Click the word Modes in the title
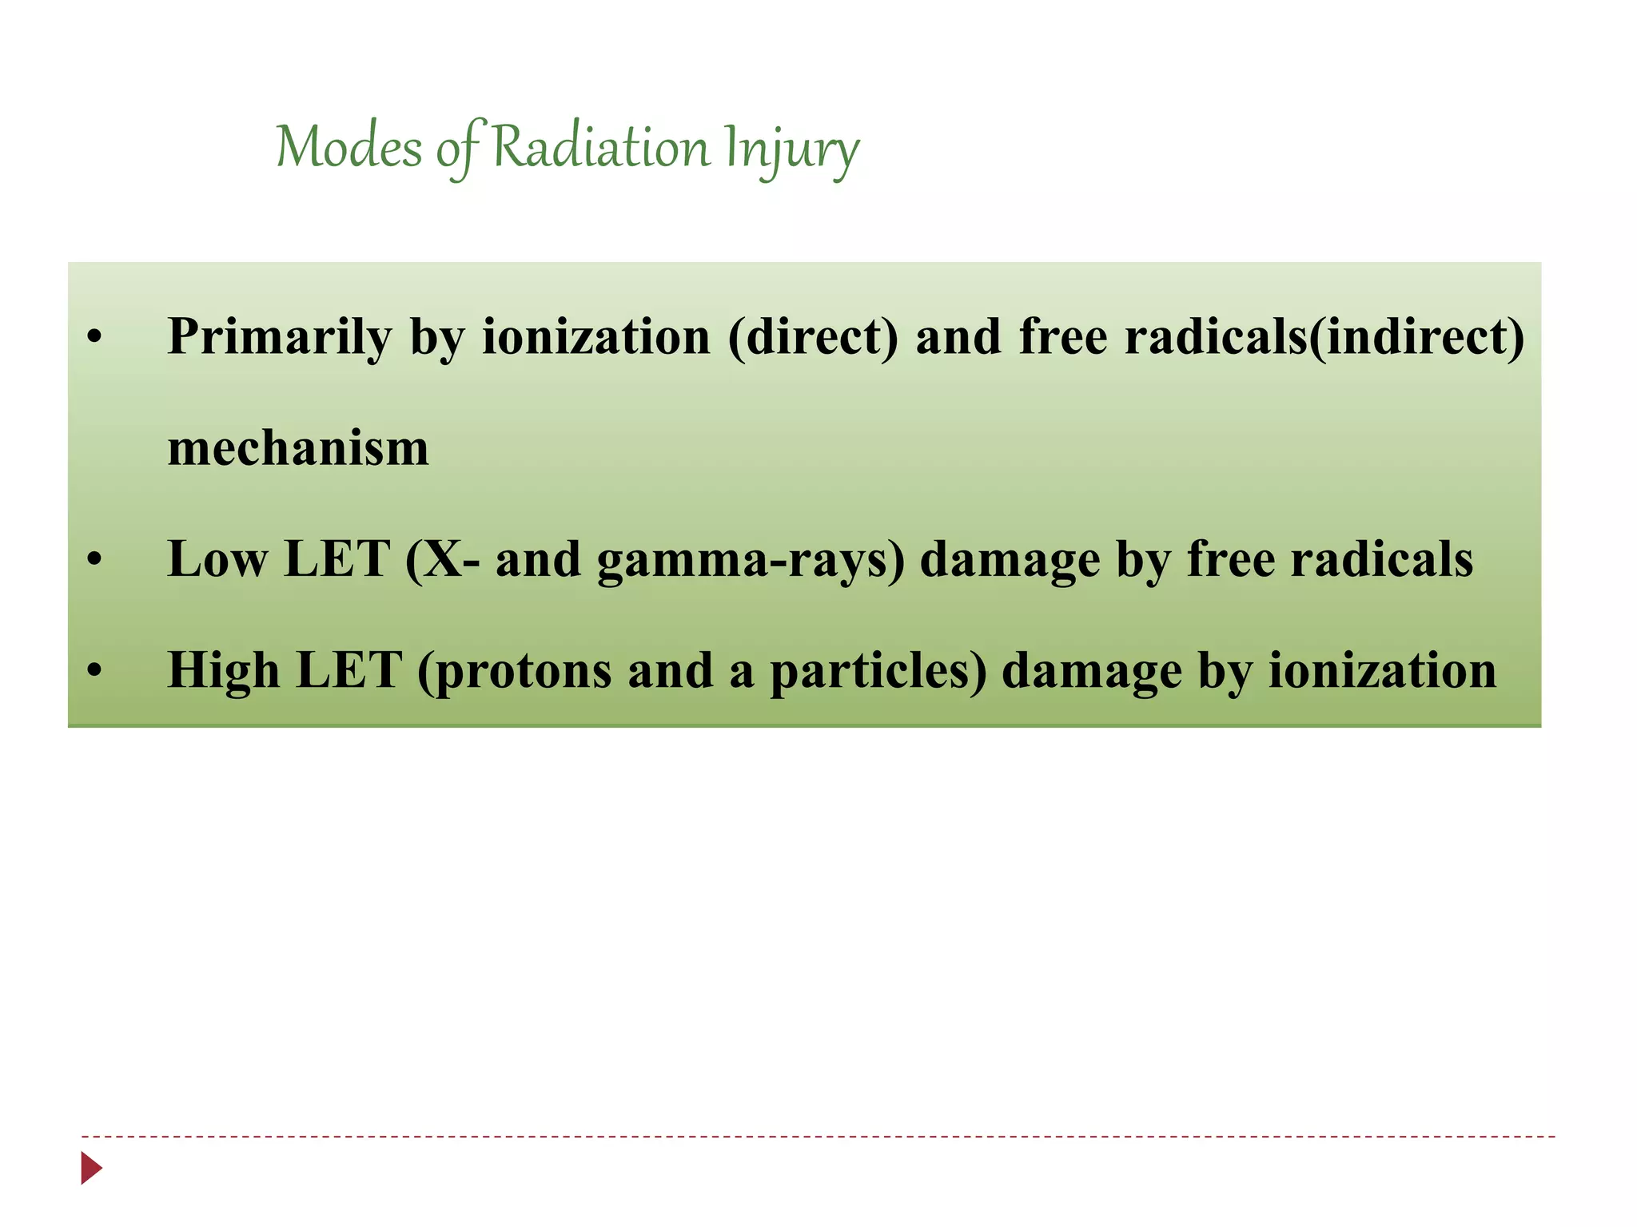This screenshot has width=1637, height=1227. pos(349,148)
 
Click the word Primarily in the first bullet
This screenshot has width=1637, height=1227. pos(279,337)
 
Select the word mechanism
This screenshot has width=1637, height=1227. pos(298,448)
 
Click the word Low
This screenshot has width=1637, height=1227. pos(217,558)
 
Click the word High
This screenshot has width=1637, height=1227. pos(223,670)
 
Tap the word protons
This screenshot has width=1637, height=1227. pos(515,672)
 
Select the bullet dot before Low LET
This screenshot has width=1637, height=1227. pos(95,561)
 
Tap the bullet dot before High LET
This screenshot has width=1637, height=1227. pos(95,672)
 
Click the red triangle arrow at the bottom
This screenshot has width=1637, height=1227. pos(91,1168)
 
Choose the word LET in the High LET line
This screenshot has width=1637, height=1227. pos(348,670)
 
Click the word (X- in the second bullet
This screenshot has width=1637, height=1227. pos(442,559)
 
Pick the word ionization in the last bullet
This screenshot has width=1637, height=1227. pos(1382,670)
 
